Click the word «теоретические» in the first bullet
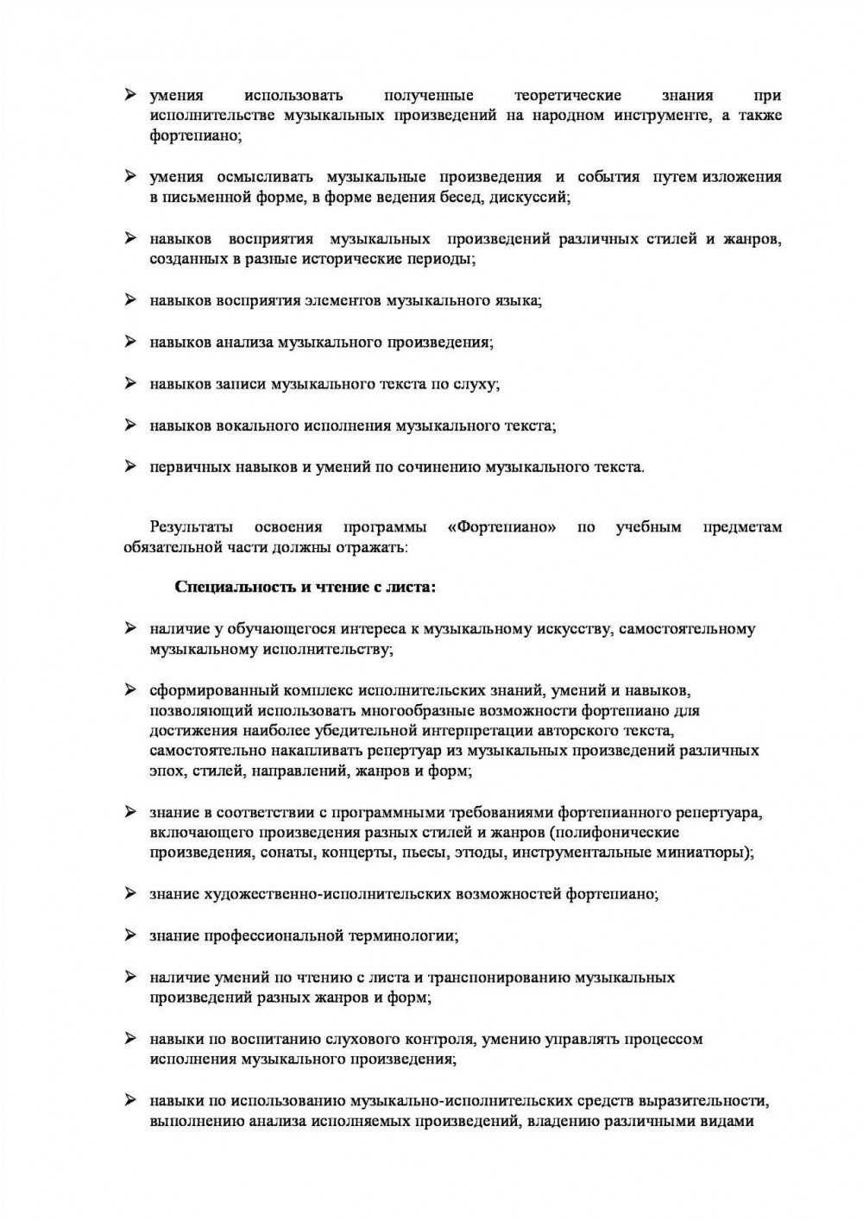[567, 95]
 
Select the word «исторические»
[356, 259]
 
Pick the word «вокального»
[271, 425]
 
